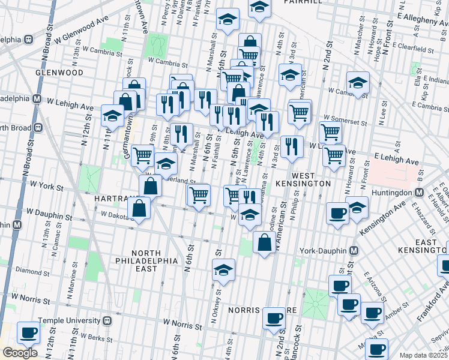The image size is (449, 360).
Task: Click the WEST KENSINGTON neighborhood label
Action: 303,182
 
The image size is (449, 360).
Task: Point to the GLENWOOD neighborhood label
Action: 59,72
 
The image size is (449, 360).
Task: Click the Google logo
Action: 19,352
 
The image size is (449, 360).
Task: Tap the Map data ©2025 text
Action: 424,355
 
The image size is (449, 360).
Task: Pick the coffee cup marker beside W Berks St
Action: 28,332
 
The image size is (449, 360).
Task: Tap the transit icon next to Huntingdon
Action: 420,193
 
